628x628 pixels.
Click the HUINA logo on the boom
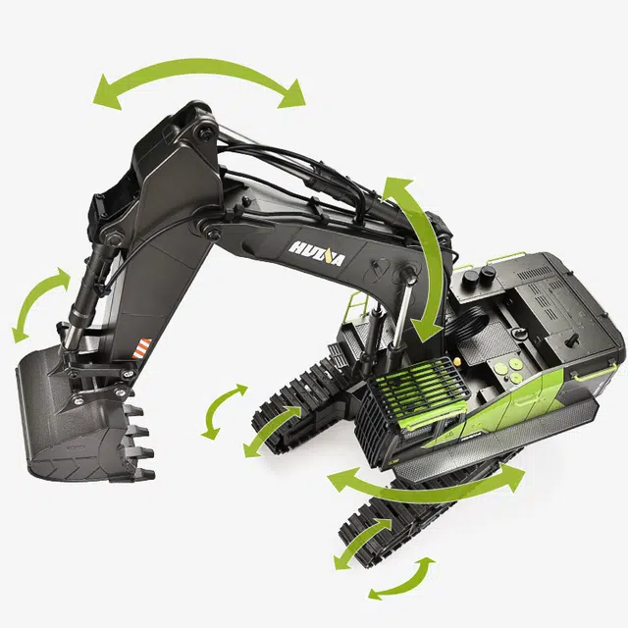[x=316, y=253]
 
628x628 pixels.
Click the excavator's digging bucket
[x=80, y=416]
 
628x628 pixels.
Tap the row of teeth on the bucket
[x=138, y=441]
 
